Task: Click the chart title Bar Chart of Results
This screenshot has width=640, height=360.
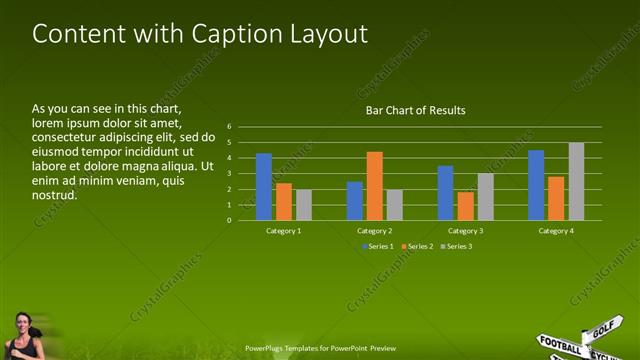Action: coord(415,110)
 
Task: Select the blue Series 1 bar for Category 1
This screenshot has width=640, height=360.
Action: coord(264,187)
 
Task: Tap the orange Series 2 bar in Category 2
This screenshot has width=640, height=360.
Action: coord(374,186)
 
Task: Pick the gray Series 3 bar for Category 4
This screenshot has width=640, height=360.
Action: coord(576,181)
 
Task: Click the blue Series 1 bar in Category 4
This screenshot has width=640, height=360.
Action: coord(536,185)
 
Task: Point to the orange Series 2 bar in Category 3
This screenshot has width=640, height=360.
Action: coord(465,206)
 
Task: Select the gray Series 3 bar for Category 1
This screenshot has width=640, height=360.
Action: coord(304,205)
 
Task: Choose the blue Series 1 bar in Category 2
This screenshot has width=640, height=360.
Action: coord(355,201)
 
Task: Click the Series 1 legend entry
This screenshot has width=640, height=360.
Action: coord(377,246)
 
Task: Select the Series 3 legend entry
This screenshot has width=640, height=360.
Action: coord(456,246)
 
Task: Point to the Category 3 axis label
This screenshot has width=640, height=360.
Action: coord(465,231)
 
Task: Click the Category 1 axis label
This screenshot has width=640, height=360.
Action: coord(283,231)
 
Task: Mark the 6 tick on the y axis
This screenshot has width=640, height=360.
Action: coord(229,127)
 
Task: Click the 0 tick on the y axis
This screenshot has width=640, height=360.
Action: coord(229,220)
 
